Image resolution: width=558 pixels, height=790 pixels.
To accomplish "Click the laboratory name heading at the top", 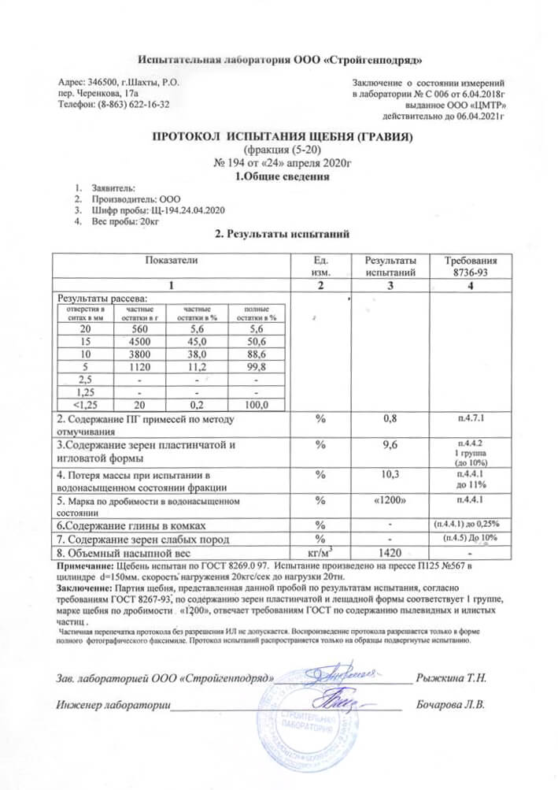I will point(279,61).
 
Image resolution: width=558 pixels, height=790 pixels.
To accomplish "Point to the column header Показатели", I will point(171,259).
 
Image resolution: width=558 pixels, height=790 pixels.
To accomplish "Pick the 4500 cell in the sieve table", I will point(139,343).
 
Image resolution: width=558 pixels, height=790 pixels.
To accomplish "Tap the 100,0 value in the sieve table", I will point(254,405).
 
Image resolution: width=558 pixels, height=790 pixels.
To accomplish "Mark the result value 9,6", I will point(389,446).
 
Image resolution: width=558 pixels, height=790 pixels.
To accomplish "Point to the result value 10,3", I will point(389,474).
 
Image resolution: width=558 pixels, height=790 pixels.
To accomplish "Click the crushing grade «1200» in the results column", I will point(389,499).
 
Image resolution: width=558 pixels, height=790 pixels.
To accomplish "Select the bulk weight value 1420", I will point(389,552).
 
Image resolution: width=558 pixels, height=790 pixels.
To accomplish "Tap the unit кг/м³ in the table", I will point(320,552).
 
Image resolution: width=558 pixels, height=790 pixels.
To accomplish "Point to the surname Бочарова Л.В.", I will point(452,703).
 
